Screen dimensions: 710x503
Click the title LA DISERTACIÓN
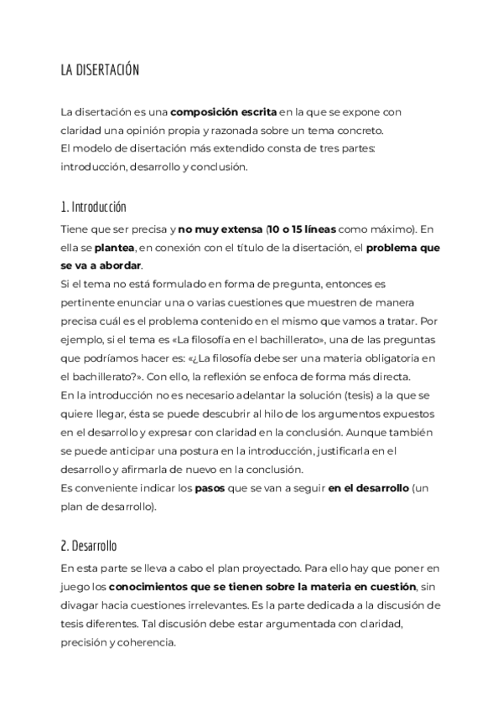point(99,70)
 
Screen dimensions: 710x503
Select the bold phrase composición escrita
point(224,113)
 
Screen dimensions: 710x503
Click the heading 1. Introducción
point(93,207)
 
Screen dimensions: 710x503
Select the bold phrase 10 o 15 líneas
point(303,229)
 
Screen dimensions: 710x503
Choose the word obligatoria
point(380,358)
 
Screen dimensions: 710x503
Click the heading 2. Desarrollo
point(88,546)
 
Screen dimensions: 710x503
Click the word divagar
point(83,605)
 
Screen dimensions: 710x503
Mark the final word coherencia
point(145,642)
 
